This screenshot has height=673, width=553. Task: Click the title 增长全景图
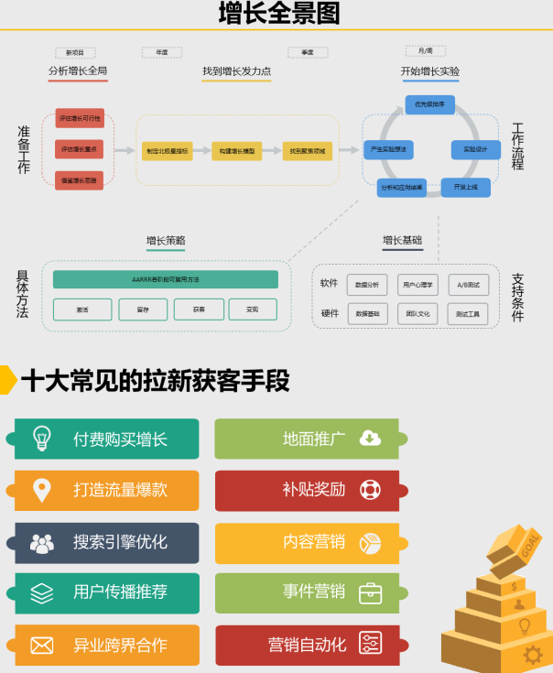(x=279, y=14)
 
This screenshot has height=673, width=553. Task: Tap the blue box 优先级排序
(x=429, y=104)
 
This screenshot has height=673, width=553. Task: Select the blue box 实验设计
(x=475, y=148)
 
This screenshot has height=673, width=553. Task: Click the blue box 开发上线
(x=465, y=187)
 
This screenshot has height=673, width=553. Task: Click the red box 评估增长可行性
(x=80, y=119)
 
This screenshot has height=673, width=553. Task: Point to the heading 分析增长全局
(x=78, y=71)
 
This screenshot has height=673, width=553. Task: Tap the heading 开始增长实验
(x=429, y=71)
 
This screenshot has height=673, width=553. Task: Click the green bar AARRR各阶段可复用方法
(x=165, y=279)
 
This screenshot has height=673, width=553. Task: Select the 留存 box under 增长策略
(x=142, y=309)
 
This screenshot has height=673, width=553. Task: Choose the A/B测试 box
(x=468, y=285)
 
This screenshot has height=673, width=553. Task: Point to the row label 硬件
(x=330, y=313)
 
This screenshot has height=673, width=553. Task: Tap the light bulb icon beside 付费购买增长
(x=41, y=438)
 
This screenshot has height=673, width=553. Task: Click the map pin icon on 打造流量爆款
(x=41, y=491)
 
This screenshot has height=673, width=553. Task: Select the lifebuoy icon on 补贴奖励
(x=370, y=490)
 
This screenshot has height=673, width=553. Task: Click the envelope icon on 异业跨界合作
(x=41, y=646)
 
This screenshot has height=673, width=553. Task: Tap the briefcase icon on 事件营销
(x=370, y=592)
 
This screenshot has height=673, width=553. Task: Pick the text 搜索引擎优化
(x=121, y=542)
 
